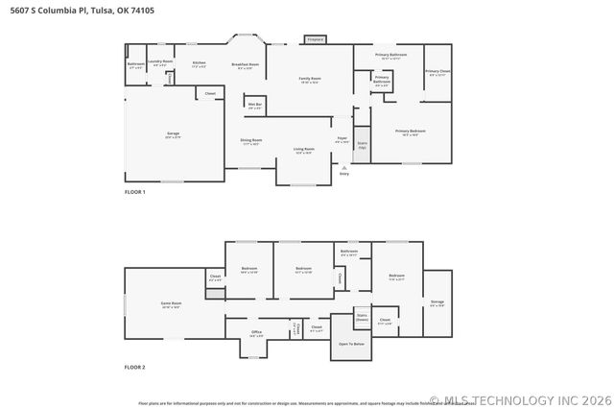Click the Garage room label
pyautogui.click(x=173, y=134)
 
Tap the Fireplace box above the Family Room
pyautogui.click(x=315, y=39)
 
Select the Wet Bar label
pyautogui.click(x=255, y=105)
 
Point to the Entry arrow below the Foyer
pyautogui.click(x=343, y=169)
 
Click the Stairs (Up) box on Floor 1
pyautogui.click(x=362, y=145)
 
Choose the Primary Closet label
pyautogui.click(x=437, y=72)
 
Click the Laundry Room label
pyautogui.click(x=160, y=62)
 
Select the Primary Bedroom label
pyautogui.click(x=411, y=133)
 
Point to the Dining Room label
pyautogui.click(x=251, y=141)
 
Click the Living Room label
pyautogui.click(x=304, y=151)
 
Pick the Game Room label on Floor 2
pyautogui.click(x=172, y=305)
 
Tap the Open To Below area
pyautogui.click(x=351, y=344)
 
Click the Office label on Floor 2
pyautogui.click(x=257, y=333)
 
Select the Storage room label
pyautogui.click(x=437, y=302)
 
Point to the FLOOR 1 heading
pyautogui.click(x=134, y=192)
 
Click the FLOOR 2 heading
pyautogui.click(x=134, y=368)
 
